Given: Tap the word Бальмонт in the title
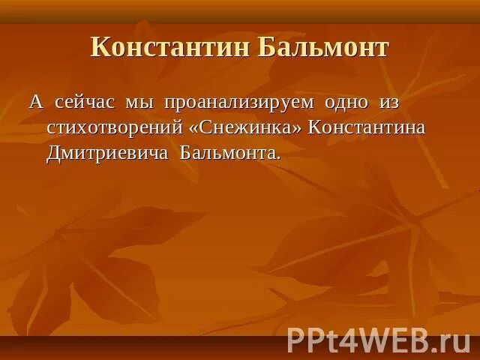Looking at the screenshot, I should click(x=323, y=47).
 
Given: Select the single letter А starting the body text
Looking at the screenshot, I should click(x=36, y=102).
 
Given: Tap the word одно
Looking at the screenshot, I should click(x=346, y=102).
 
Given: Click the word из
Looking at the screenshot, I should click(x=388, y=102).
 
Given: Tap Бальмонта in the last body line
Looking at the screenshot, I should click(x=226, y=154).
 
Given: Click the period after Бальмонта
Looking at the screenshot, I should click(x=278, y=158).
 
